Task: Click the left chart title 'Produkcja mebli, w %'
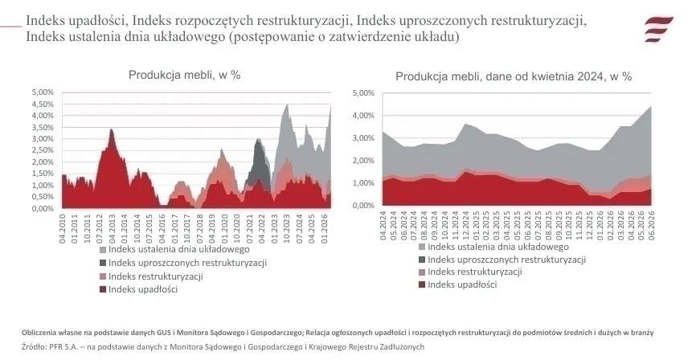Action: pos(185,75)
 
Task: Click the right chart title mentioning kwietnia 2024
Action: pos(514,76)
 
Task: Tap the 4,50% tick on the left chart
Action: pos(43,104)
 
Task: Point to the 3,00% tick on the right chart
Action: pos(363,138)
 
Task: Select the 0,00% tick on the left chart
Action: pos(43,208)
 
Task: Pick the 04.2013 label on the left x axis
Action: pos(112,228)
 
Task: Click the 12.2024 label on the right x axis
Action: pos(466,226)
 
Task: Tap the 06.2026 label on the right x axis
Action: pos(650,226)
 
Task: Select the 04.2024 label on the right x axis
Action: pos(383,226)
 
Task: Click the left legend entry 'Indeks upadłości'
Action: pos(138,289)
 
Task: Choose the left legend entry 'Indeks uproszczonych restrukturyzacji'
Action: pos(183,263)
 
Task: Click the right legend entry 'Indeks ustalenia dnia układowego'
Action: pos(493,247)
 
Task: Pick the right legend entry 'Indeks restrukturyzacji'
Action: pos(470,272)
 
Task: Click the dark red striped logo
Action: pos(658,29)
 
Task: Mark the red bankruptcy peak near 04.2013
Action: pos(111,129)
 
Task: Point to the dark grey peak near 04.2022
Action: pos(258,141)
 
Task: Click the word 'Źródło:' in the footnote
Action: pos(32,347)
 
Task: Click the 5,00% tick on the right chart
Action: pos(363,93)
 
